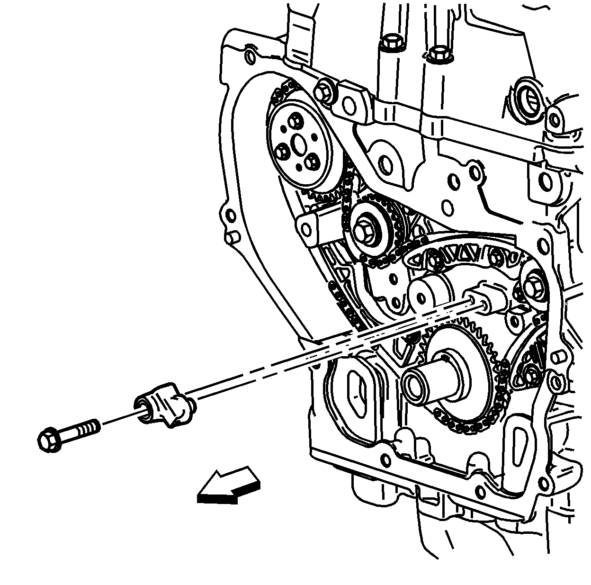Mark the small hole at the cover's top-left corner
point(249,57)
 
